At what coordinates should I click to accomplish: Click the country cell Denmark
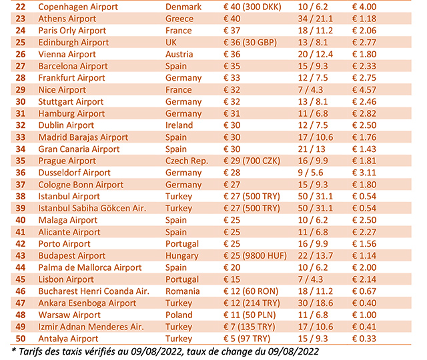coord(183,7)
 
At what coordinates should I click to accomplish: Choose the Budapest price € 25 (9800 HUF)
coord(254,255)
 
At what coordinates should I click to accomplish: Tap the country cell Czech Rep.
coord(187,161)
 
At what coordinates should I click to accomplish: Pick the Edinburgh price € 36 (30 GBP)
coord(250,42)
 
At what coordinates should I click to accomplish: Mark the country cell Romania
coord(183,291)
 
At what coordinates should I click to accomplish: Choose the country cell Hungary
coord(183,255)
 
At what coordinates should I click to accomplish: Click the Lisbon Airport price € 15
coord(231,279)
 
